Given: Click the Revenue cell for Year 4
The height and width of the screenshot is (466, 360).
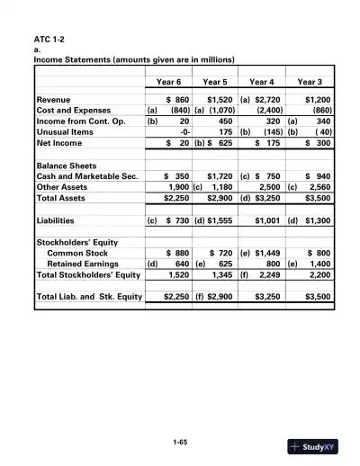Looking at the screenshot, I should click(x=269, y=99).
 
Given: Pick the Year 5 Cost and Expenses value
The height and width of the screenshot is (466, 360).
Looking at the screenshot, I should click(x=220, y=111).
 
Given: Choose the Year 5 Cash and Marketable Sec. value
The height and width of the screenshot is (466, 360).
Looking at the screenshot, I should click(x=220, y=177).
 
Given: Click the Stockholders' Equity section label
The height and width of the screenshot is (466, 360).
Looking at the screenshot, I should click(x=77, y=243).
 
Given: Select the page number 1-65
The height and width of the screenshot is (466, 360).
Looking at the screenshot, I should click(x=180, y=442).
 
